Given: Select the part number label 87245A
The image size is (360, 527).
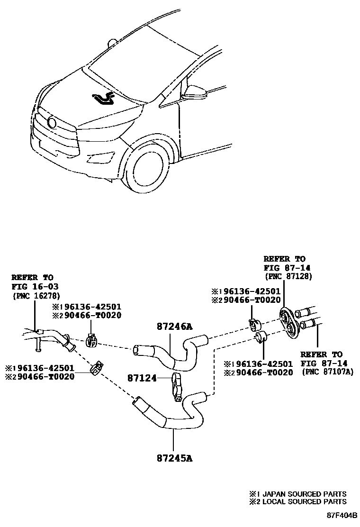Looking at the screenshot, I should pyautogui.click(x=174, y=458).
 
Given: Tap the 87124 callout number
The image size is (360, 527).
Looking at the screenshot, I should pyautogui.click(x=143, y=378).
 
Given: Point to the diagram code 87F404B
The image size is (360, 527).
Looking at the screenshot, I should pyautogui.click(x=341, y=514).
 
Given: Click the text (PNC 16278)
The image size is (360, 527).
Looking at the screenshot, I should pyautogui.click(x=32, y=295).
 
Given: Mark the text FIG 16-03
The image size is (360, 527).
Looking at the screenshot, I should pyautogui.click(x=31, y=286).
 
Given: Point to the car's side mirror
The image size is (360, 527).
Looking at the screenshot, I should pyautogui.click(x=196, y=92).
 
